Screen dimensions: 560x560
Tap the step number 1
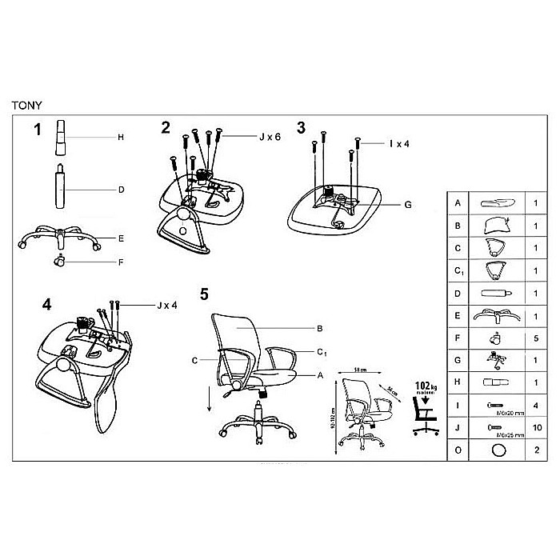pos(38,130)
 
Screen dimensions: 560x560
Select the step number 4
pos(47,305)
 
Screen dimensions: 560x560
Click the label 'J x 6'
pos(270,137)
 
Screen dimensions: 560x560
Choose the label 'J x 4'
pos(168,305)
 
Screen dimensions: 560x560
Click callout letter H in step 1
pos(120,138)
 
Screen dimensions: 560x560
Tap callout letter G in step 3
pos(407,205)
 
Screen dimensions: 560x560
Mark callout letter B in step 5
pos(319,329)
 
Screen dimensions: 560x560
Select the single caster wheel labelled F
pos(59,260)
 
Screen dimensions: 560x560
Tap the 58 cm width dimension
pos(361,370)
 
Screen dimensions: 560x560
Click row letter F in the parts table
pos(458,339)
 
